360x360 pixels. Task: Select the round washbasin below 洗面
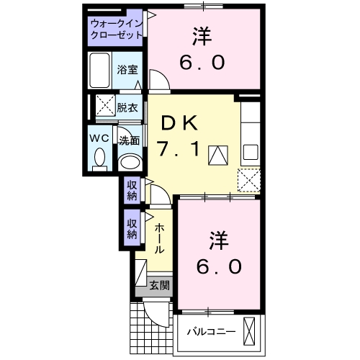[x=129, y=161]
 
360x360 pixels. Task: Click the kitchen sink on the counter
[x=251, y=153]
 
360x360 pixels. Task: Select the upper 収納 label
[x=132, y=189]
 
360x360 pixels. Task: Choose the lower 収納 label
[x=132, y=228]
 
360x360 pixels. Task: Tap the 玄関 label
[x=160, y=285]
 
